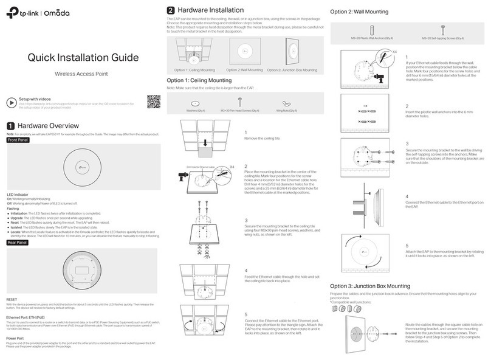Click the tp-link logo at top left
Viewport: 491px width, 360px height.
(28, 13)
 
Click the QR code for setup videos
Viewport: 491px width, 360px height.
(154, 102)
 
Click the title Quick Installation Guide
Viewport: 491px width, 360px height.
(81, 58)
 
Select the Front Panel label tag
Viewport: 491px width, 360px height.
(18, 139)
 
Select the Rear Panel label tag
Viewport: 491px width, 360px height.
(18, 242)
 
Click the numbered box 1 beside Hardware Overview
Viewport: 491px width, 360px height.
(9, 126)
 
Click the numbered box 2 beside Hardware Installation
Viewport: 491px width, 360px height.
(171, 10)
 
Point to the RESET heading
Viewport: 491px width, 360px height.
(12, 300)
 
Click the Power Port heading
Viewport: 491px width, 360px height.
(16, 338)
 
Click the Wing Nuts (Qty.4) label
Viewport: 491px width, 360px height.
(286, 111)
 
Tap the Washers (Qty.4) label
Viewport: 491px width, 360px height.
(196, 111)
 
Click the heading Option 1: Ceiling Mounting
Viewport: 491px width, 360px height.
(199, 80)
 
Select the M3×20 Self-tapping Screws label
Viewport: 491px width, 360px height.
(442, 38)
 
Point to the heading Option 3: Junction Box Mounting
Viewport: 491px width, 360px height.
(369, 286)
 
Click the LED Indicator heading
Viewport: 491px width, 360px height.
(18, 193)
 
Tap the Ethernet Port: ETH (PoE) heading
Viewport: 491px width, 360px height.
(29, 317)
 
